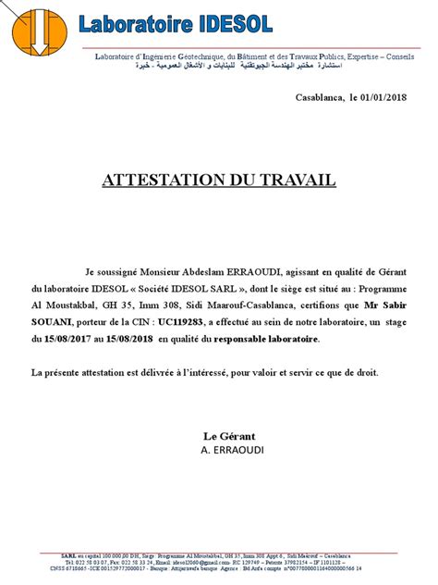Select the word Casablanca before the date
[318, 97]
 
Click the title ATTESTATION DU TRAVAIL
[219, 179]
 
